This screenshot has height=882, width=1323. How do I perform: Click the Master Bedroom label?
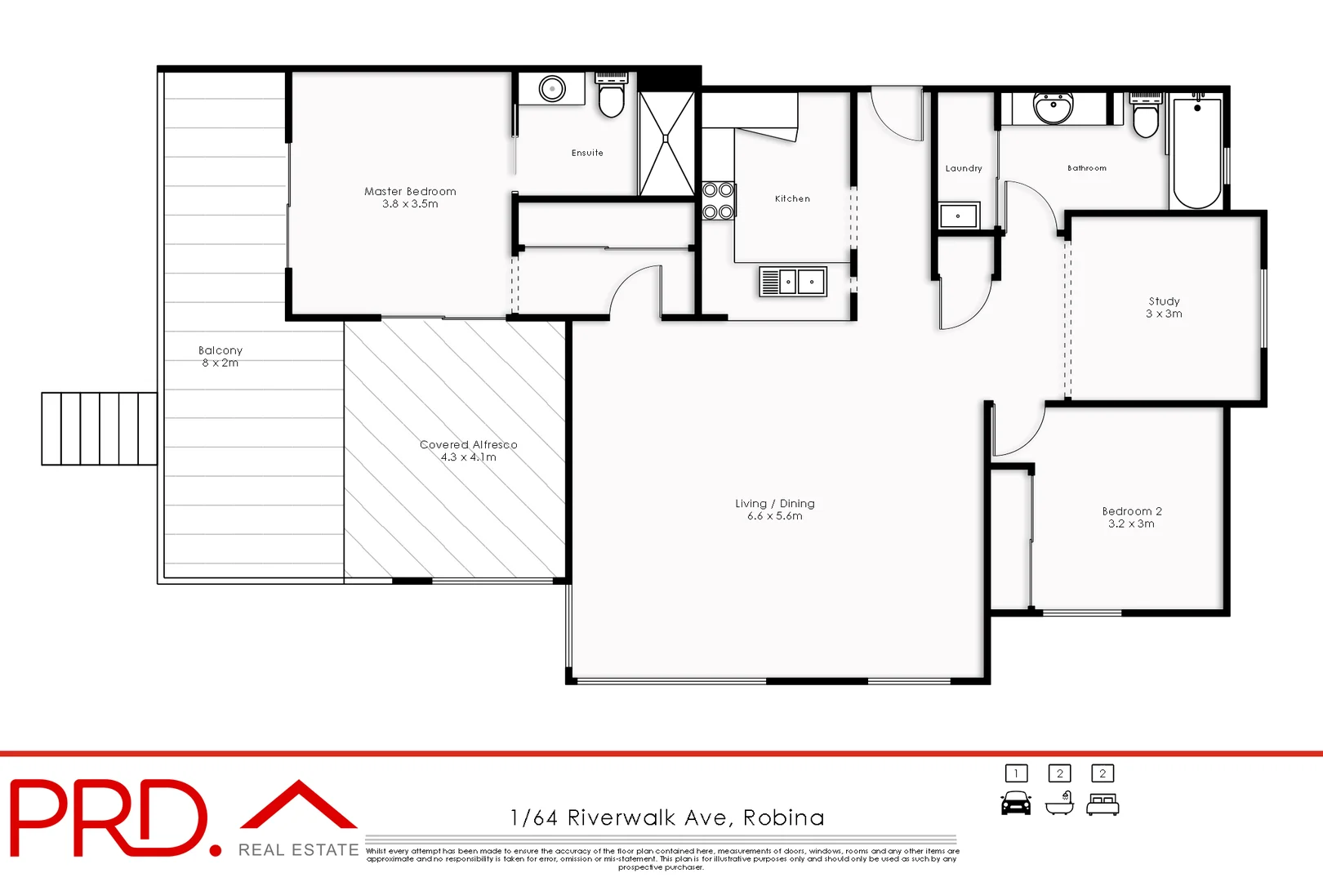pyautogui.click(x=410, y=191)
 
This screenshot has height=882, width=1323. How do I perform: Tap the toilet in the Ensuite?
pyautogui.click(x=611, y=98)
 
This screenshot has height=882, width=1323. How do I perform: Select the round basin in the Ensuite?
pyautogui.click(x=552, y=88)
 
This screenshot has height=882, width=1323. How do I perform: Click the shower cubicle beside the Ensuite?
pyautogui.click(x=666, y=143)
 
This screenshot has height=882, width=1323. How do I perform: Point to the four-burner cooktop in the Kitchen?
pyautogui.click(x=718, y=201)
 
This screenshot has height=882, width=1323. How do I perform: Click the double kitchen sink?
pyautogui.click(x=793, y=282)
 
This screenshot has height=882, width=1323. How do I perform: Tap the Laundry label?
pyautogui.click(x=964, y=168)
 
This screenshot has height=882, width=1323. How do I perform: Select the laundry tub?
pyautogui.click(x=958, y=216)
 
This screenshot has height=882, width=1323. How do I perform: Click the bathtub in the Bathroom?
pyautogui.click(x=1197, y=153)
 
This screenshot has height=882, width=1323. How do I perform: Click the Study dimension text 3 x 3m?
pyautogui.click(x=1164, y=314)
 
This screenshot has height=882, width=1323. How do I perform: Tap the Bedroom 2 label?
pyautogui.click(x=1132, y=511)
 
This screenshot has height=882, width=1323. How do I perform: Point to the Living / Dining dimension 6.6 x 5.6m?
pyautogui.click(x=775, y=516)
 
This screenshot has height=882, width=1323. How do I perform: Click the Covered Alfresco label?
pyautogui.click(x=469, y=444)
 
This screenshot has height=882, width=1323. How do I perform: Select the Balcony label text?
pyautogui.click(x=220, y=350)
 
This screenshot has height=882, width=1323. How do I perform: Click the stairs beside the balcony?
pyautogui.click(x=100, y=429)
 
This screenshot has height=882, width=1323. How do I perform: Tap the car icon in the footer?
pyautogui.click(x=1016, y=804)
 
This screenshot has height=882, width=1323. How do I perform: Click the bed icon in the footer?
pyautogui.click(x=1102, y=806)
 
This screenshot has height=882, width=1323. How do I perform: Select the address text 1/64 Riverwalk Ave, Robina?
pyautogui.click(x=667, y=817)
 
